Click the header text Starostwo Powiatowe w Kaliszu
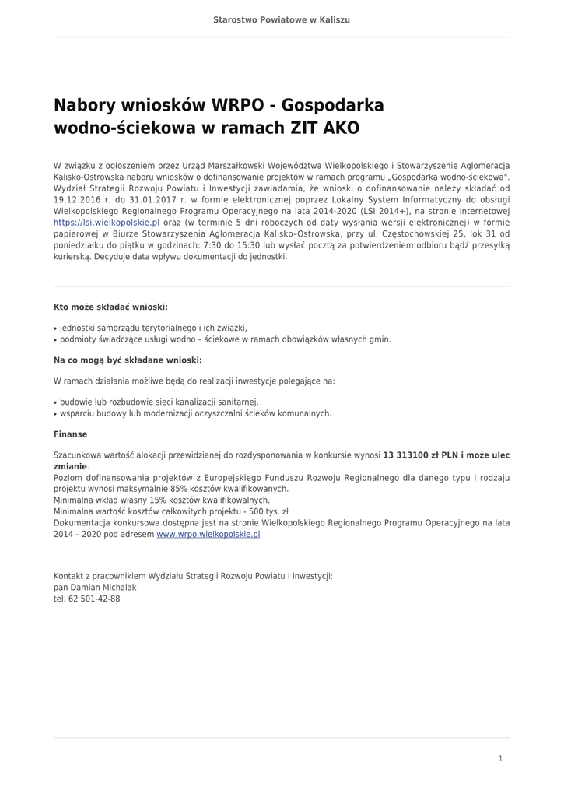point(282,19)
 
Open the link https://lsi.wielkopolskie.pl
point(107,222)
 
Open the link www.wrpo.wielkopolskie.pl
point(208,535)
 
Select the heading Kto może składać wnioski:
point(110,307)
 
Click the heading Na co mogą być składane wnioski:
point(128,360)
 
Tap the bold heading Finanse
point(70,434)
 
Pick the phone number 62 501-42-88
point(94,599)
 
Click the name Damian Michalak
point(103,587)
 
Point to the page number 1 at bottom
point(500,758)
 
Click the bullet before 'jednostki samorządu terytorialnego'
point(55,328)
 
